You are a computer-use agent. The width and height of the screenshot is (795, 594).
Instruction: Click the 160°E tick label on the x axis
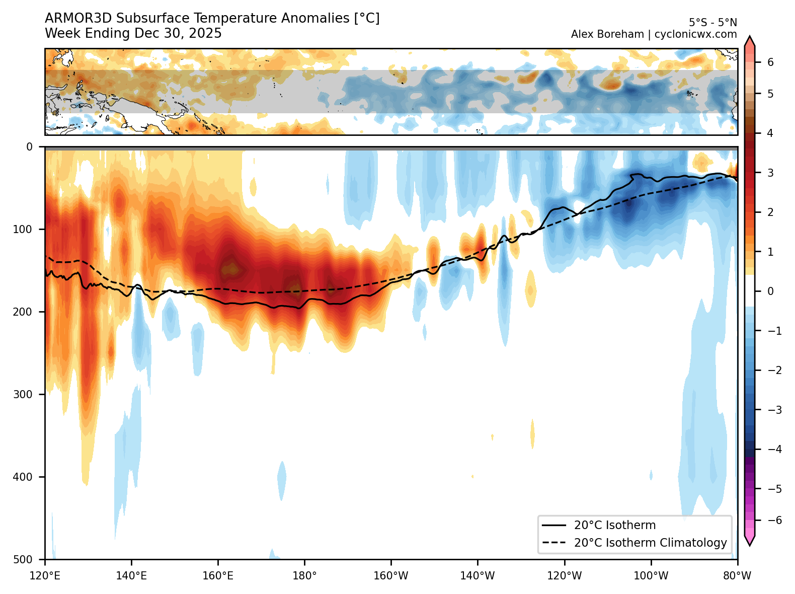point(218,576)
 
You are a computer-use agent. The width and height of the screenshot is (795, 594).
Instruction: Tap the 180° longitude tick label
point(304,576)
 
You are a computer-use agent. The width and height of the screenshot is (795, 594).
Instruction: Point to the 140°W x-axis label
point(478,576)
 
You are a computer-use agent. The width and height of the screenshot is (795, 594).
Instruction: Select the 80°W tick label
point(737,576)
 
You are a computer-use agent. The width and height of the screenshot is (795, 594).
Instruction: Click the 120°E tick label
point(45,576)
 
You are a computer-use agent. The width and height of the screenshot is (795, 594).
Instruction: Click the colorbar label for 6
point(770,62)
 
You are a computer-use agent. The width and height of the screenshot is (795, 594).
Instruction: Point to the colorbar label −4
point(774,450)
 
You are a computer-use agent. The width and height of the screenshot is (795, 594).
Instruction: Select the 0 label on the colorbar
point(770,291)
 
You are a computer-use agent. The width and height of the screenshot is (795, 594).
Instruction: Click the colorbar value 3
point(770,173)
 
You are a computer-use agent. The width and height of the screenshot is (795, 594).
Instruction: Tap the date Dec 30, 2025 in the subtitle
point(178,34)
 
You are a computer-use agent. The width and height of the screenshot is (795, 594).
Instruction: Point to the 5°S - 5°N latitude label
point(712,23)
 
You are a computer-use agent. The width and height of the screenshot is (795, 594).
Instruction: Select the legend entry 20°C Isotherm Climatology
point(651,543)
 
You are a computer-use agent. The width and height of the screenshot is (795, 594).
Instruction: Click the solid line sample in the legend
point(554,526)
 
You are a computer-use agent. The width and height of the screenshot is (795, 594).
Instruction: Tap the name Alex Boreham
point(607,34)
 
